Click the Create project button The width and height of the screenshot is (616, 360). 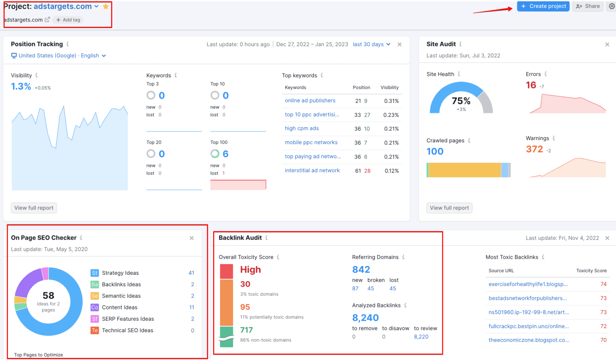(x=543, y=6)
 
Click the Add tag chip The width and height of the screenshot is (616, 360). (x=68, y=20)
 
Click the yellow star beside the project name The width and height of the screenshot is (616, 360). (x=106, y=6)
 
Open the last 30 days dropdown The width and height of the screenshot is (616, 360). (x=371, y=44)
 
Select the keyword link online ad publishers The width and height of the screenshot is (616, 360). (x=310, y=101)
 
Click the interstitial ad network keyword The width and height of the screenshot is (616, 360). (x=312, y=171)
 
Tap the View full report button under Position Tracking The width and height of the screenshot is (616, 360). (x=34, y=208)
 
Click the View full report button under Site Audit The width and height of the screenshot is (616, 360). (x=449, y=208)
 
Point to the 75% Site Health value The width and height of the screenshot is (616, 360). (x=461, y=101)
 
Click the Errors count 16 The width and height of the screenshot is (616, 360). (x=531, y=85)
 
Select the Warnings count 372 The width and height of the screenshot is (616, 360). (x=534, y=149)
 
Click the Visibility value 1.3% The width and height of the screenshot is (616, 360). (x=21, y=87)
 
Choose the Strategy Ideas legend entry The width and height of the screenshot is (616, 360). (x=120, y=273)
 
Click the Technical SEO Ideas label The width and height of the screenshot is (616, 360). (x=127, y=330)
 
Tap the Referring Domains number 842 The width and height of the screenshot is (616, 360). (x=361, y=270)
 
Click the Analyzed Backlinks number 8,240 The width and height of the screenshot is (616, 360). (x=365, y=318)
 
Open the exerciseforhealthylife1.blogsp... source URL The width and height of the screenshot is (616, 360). (x=528, y=284)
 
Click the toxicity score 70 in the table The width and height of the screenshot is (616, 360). (x=603, y=340)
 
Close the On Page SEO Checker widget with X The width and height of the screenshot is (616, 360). (x=192, y=238)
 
